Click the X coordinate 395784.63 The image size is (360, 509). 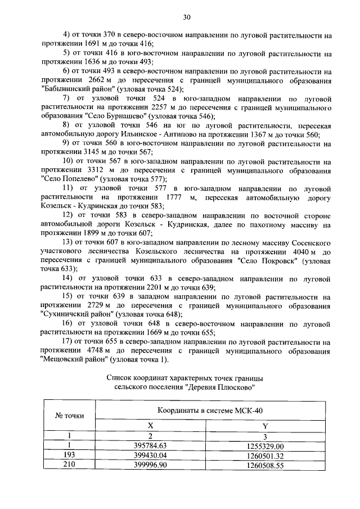coord(150,446)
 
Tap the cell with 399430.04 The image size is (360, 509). coord(150,456)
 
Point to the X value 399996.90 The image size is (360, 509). coord(150,465)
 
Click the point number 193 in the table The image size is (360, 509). coord(69,456)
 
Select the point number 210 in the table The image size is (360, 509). coord(69,465)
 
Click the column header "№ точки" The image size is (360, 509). coord(69,416)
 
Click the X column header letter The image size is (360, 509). coord(150,426)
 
